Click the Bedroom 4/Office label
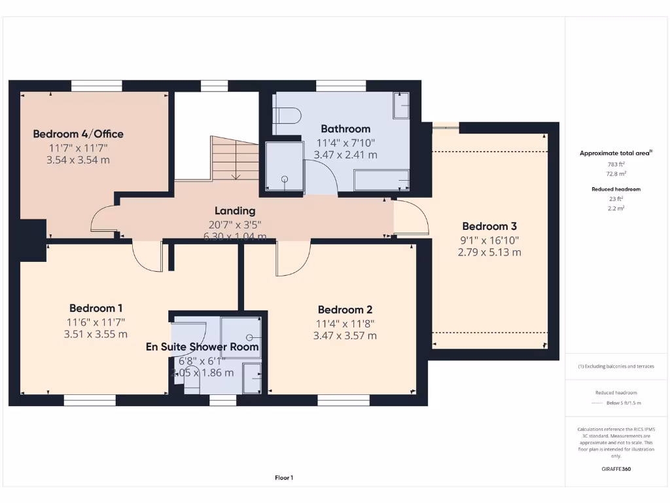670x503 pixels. pos(78,134)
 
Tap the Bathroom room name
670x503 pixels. pos(345,129)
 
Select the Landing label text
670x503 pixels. pos(235,211)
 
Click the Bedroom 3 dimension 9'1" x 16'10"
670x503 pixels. pos(489,240)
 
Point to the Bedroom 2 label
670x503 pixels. pos(345,310)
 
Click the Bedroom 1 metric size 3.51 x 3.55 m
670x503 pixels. pos(96,334)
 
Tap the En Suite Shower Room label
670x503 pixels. pos(202,347)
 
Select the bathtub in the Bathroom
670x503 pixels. pos(381,180)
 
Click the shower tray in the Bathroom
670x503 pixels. pos(285,167)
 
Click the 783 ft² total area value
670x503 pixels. pos(616,164)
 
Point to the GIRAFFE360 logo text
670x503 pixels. pos(616,469)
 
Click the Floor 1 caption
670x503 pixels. pos(283,478)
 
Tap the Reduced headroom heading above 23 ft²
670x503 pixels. pos(616,189)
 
